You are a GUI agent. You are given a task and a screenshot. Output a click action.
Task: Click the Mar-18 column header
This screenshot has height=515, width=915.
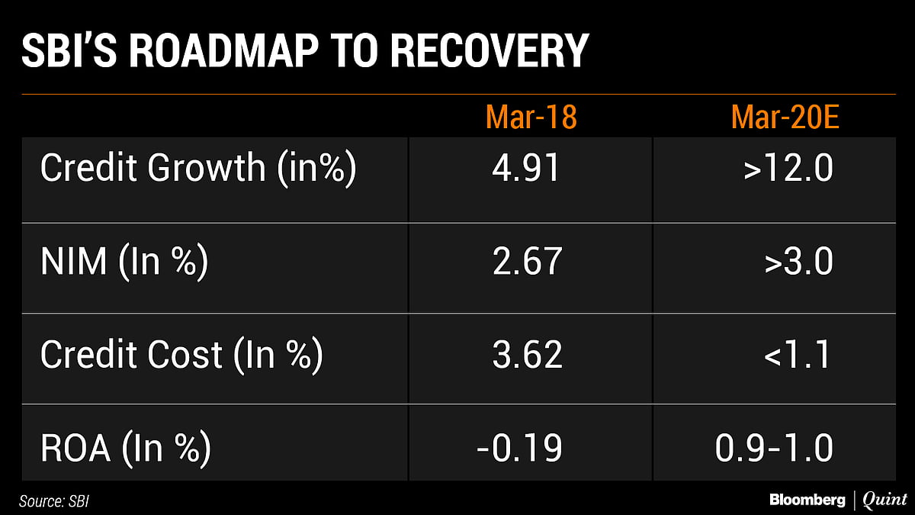[531, 117]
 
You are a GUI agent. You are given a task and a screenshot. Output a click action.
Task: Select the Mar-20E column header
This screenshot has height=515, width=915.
[785, 117]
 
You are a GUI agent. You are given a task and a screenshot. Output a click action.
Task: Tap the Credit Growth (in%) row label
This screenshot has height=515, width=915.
[198, 169]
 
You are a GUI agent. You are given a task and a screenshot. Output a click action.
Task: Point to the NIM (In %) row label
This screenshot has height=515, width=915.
[124, 262]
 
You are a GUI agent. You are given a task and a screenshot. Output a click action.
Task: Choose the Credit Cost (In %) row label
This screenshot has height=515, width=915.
[181, 355]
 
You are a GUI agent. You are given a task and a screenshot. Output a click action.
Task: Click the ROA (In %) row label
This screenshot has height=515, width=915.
[126, 448]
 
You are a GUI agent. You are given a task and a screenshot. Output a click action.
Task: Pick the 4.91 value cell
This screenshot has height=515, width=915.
[526, 169]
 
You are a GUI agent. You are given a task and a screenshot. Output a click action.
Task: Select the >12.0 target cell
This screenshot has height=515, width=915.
[788, 169]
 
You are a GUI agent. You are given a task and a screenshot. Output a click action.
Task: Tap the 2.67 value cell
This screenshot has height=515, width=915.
[527, 262]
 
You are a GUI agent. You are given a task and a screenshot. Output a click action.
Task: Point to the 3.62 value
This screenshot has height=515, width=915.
[527, 355]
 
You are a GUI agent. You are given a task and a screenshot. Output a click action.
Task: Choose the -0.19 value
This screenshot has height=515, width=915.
[519, 448]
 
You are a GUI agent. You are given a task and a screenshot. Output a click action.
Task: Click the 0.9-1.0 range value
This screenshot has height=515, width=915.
[774, 448]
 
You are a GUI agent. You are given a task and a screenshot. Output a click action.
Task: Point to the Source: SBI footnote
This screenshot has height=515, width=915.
[59, 501]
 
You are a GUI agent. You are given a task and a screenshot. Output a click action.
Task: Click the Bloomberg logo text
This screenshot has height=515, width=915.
[806, 501]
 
